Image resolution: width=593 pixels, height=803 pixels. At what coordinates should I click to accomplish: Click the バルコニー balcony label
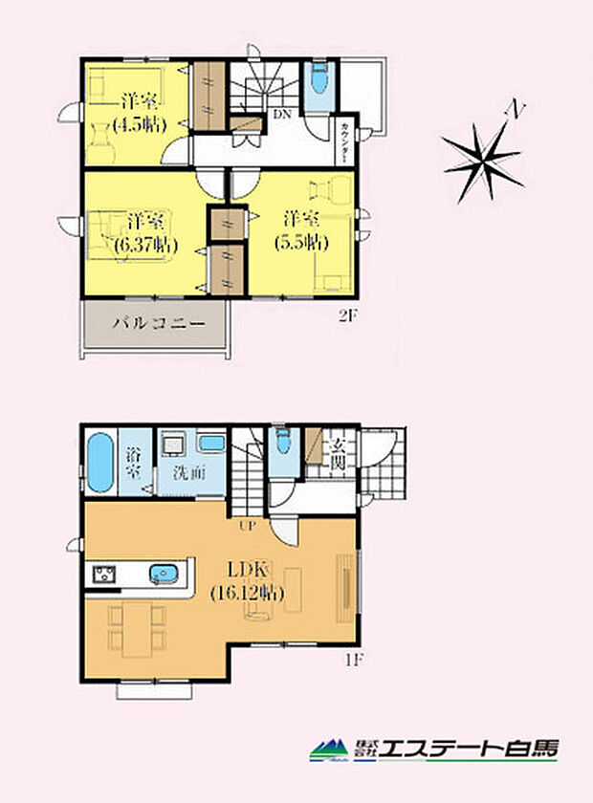pos(158,323)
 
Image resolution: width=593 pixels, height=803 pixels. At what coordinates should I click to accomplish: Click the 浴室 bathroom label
pos(134,462)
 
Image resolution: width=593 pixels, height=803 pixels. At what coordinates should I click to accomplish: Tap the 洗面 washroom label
pos(190,471)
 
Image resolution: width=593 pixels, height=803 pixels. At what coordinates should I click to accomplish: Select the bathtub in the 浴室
pos(100,462)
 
